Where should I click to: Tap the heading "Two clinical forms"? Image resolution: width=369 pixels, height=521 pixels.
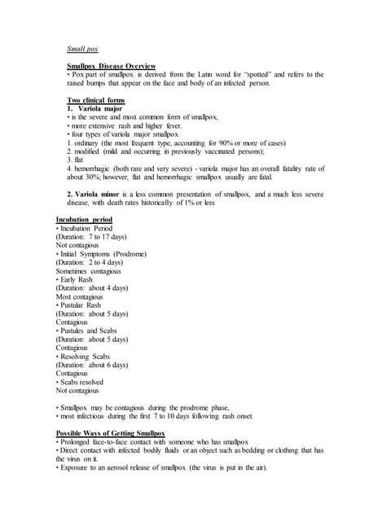click(x=96, y=100)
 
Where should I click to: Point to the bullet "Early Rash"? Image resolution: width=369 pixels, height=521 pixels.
click(x=76, y=279)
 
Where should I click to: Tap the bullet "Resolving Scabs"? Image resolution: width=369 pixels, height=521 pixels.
click(x=83, y=356)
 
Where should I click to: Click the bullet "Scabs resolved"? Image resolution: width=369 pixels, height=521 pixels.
click(x=81, y=381)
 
